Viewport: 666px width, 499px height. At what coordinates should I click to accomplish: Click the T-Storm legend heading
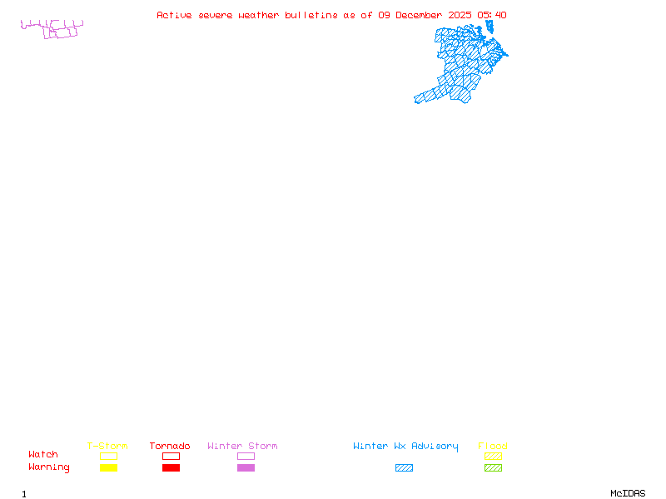click(107, 447)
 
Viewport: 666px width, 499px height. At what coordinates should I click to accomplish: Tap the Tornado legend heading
click(170, 447)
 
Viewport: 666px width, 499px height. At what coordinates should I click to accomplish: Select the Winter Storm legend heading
click(242, 447)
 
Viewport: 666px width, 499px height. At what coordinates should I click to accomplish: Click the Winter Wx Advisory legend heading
click(405, 447)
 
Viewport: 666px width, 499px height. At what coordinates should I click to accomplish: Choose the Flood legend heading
click(493, 447)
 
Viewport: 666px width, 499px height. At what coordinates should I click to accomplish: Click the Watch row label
click(43, 455)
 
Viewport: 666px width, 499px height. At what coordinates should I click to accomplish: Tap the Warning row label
click(49, 467)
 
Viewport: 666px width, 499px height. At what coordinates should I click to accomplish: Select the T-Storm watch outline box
click(108, 456)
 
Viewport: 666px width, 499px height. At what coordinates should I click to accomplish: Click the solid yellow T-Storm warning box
click(108, 468)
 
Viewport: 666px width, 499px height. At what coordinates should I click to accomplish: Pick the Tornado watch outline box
click(171, 456)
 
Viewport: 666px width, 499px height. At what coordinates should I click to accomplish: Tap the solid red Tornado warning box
click(171, 468)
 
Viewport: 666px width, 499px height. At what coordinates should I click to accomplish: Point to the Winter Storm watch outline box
click(246, 456)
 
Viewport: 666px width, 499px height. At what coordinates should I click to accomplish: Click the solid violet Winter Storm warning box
click(246, 468)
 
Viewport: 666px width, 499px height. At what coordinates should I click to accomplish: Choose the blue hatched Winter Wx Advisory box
click(404, 468)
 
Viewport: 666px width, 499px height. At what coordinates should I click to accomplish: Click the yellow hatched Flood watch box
click(493, 456)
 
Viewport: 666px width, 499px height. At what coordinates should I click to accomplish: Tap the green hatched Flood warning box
click(493, 468)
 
